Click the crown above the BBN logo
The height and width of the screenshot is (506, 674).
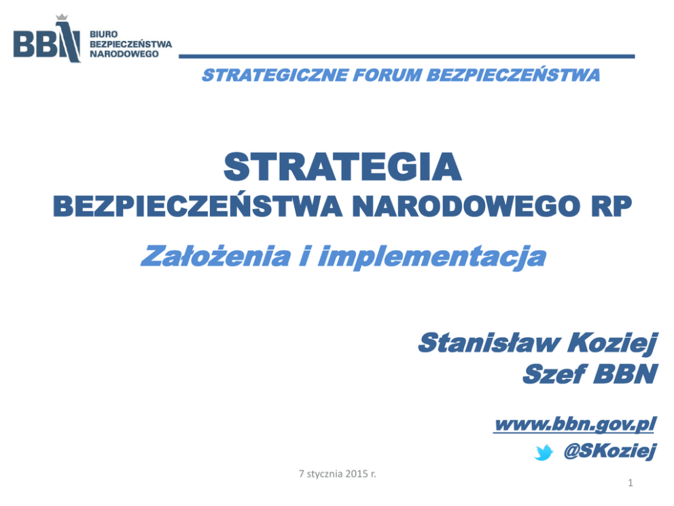coord(62,17)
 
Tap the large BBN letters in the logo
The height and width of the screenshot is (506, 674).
coord(47,42)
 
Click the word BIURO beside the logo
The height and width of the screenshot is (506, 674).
coord(103,35)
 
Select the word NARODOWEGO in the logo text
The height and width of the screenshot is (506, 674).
coord(124,54)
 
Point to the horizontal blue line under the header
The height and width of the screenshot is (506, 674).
coord(406,56)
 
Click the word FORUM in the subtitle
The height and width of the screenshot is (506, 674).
coord(388,75)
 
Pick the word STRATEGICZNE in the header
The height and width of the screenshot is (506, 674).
coord(275,75)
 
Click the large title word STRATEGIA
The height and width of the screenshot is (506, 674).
coord(342,167)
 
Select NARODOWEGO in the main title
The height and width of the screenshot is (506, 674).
coord(465,207)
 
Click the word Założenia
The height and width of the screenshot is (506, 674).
coord(215,256)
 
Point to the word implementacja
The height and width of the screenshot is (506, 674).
coord(432,257)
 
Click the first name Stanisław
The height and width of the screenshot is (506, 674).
coord(489,343)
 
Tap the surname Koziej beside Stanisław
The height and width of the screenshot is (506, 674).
coord(613,343)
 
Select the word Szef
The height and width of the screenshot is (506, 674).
coord(554,373)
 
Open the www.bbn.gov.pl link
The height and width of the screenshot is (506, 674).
coord(575,424)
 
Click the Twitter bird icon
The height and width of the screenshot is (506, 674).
coord(544,453)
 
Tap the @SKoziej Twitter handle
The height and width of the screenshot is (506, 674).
coord(610,452)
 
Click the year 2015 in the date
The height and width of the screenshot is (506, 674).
coord(356,474)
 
